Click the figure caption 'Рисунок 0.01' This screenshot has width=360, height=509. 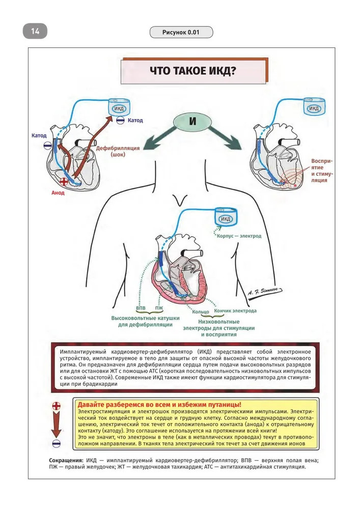tap(181, 33)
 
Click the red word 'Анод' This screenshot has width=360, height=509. tap(58, 193)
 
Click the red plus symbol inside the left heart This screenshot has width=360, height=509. tap(64, 182)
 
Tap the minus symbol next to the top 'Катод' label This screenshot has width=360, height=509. tap(120, 121)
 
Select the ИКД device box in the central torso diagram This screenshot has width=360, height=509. tap(225, 218)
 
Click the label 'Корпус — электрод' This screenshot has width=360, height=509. tap(239, 236)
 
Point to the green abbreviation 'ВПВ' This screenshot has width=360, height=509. tap(141, 309)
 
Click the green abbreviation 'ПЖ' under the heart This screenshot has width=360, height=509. tap(159, 309)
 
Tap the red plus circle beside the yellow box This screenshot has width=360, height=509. tap(57, 406)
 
